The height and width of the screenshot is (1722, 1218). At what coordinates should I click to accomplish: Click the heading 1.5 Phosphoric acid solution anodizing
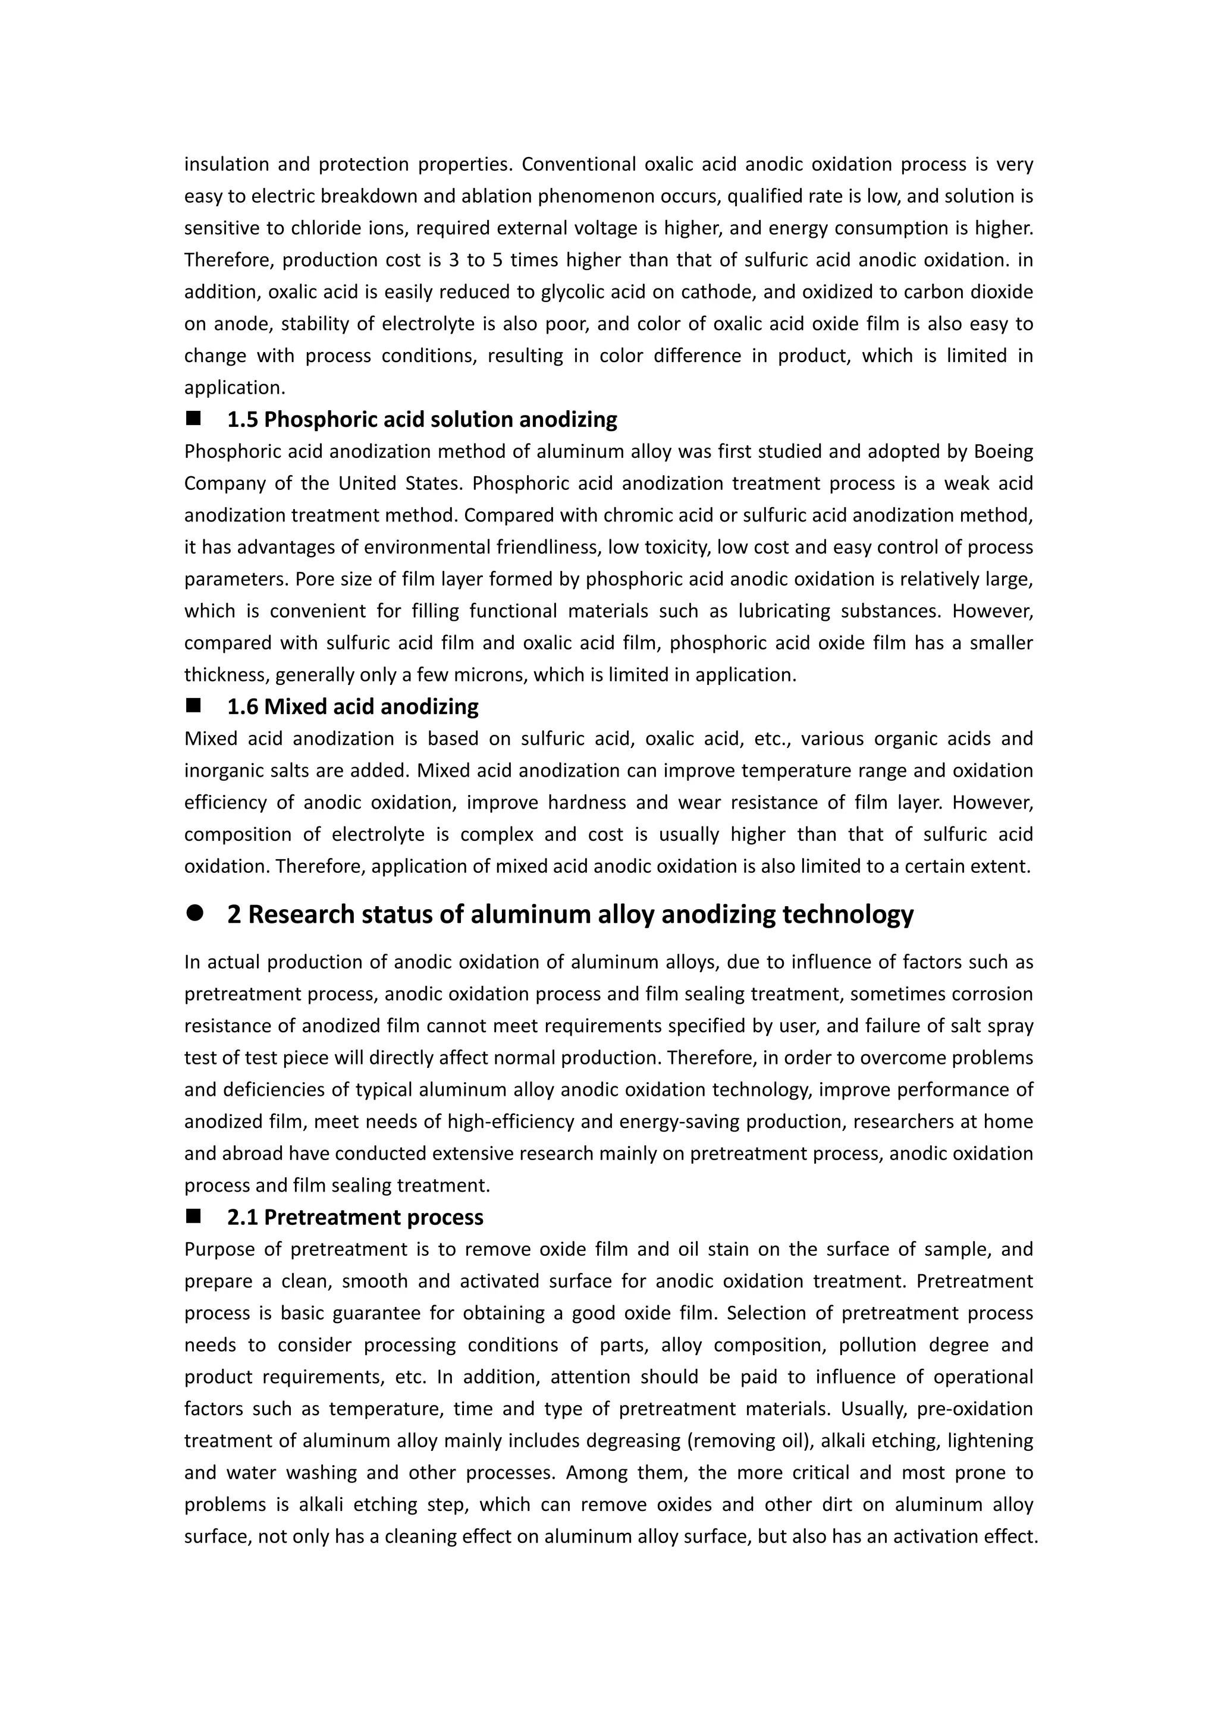[422, 419]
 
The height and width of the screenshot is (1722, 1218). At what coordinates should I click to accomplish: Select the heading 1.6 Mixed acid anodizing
[353, 706]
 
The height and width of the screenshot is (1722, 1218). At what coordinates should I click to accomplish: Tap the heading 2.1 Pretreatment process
[354, 1217]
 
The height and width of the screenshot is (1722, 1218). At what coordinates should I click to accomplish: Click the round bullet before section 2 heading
[195, 913]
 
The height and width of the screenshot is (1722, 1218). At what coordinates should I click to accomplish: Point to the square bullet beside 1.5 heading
[194, 418]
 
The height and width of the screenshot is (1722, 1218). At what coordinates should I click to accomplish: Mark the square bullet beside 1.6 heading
[194, 705]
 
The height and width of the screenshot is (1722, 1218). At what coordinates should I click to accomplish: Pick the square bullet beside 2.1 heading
[194, 1216]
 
